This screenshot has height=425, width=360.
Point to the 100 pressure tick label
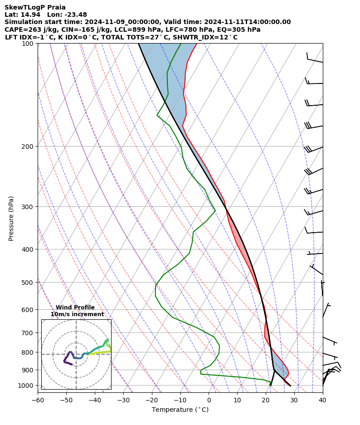[x=30, y=44]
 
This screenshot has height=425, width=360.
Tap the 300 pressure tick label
[x=30, y=207]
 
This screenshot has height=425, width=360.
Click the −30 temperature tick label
[x=123, y=400]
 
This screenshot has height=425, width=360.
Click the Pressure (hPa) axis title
[x=11, y=218]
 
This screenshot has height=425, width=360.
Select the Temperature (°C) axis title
[x=180, y=410]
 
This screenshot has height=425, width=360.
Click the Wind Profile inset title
[x=75, y=308]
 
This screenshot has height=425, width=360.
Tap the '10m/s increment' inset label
[x=77, y=314]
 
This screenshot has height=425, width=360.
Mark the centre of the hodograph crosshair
[x=76, y=354]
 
